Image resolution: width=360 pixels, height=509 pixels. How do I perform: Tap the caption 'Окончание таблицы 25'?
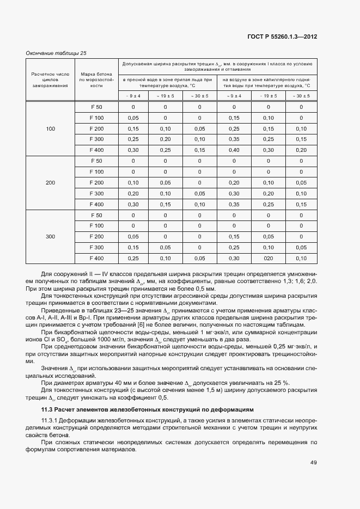56,53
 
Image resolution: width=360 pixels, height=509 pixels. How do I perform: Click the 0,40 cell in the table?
234,150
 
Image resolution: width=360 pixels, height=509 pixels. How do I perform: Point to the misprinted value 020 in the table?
267,258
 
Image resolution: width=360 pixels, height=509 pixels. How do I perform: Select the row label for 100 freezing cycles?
51,128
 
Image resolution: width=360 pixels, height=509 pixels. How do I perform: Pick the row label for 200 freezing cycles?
51,182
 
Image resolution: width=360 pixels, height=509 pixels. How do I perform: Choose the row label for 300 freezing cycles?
51,236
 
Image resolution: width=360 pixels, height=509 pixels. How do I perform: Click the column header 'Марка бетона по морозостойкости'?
96,79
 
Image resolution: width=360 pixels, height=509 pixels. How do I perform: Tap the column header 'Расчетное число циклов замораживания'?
51,79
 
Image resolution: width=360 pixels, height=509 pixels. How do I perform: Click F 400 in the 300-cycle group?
96,258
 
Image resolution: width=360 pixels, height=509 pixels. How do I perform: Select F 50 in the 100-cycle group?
96,107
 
